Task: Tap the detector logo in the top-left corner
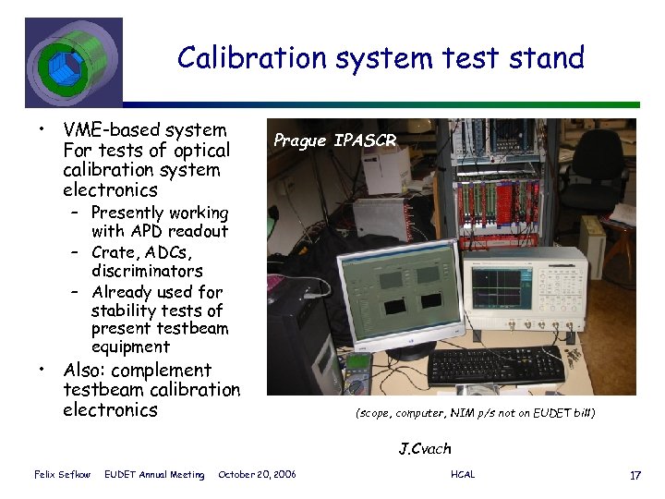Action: coord(72,62)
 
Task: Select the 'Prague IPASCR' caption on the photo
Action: coord(334,140)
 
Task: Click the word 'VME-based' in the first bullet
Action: coord(106,130)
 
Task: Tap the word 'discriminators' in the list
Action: coord(147,272)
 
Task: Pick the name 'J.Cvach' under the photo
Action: coord(425,449)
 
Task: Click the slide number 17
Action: coord(635,475)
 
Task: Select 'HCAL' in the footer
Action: coord(463,475)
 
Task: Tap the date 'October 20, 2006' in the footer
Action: coord(257,475)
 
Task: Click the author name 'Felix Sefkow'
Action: coord(61,475)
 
